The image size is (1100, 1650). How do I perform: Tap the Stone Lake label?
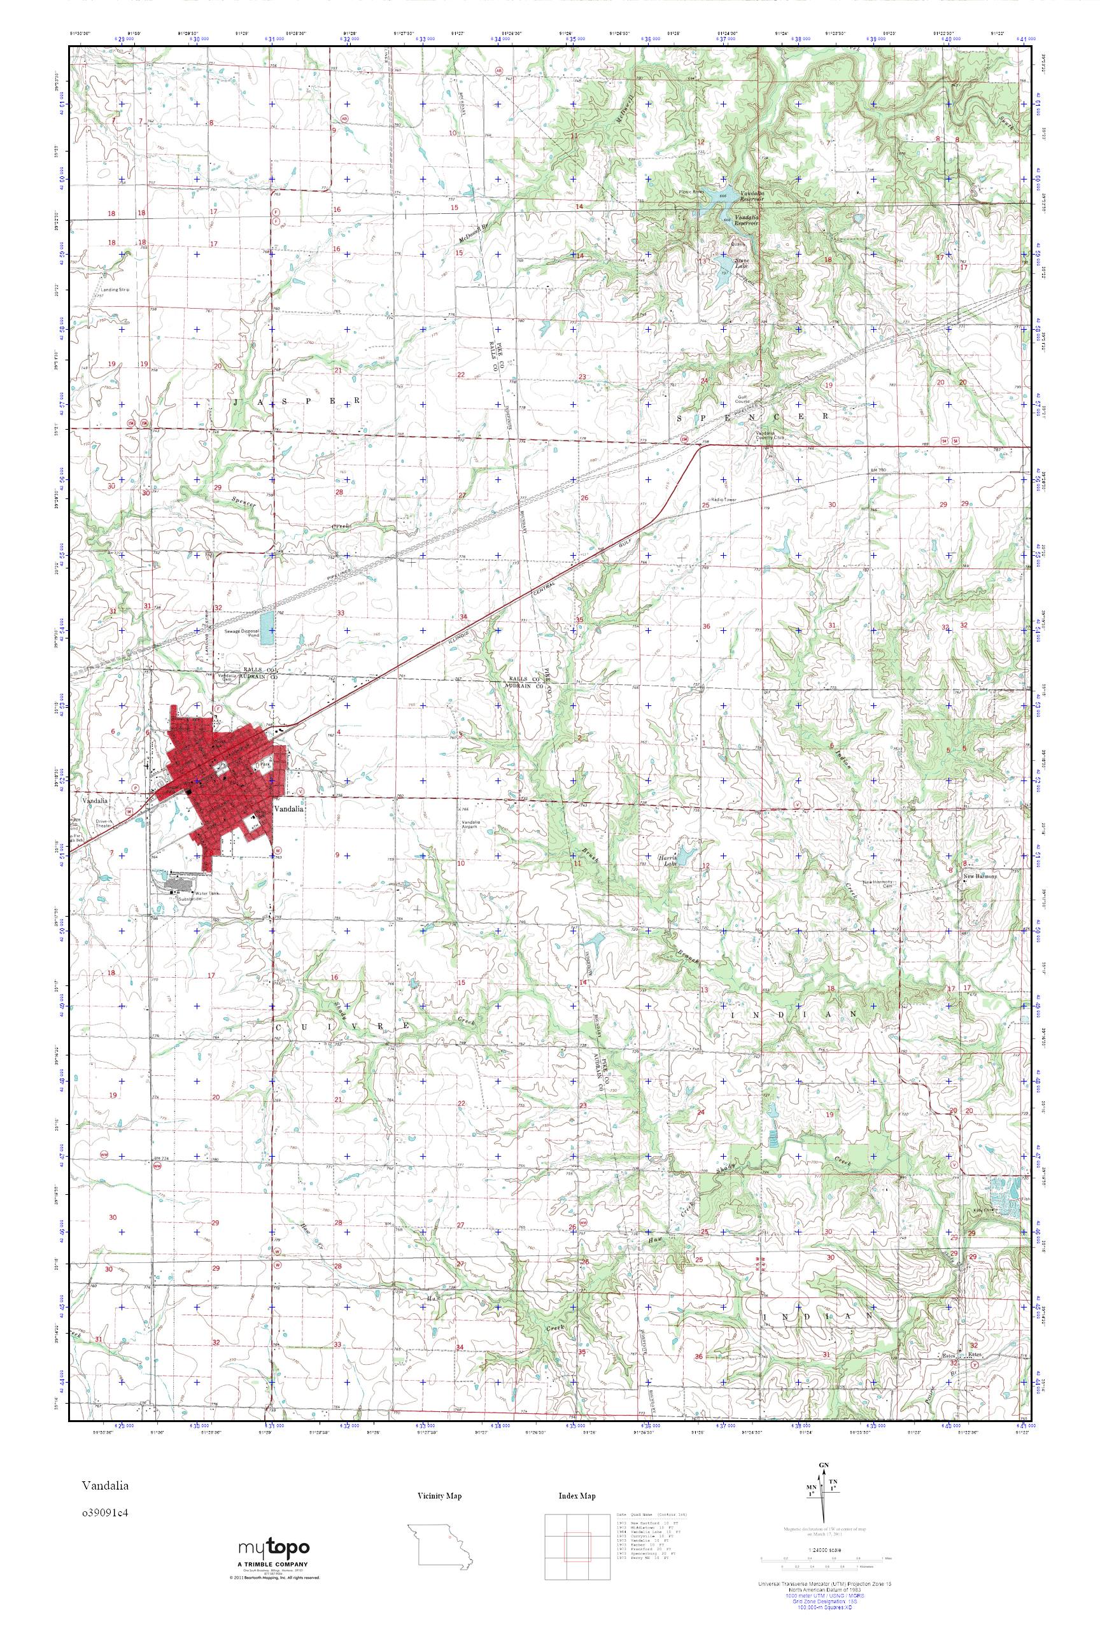point(723,262)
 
